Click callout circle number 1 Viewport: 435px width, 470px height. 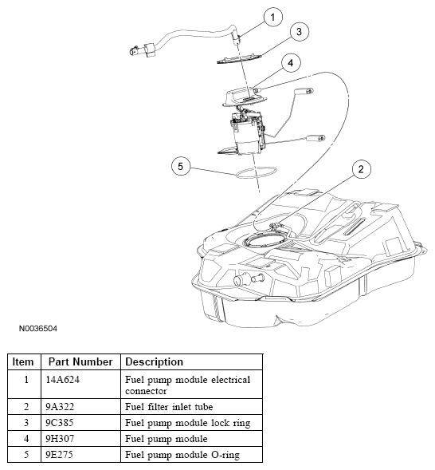pos(272,18)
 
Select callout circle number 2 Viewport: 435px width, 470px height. pos(361,169)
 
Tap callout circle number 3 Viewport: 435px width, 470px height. pos(299,32)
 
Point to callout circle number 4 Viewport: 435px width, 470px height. pos(291,63)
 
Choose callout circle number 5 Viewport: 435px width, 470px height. pos(181,166)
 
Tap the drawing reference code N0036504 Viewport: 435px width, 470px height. pos(38,329)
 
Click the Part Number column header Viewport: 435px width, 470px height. pos(80,361)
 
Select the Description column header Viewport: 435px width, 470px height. pos(154,361)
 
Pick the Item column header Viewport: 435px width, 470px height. pos(23,361)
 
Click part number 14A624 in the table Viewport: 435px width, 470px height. pos(62,380)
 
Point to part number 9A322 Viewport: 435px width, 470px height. pos(60,407)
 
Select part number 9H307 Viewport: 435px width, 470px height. pos(60,439)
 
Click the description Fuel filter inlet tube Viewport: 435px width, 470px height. pos(169,407)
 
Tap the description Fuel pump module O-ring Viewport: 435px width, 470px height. pos(182,455)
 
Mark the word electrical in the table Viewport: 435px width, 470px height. pos(231,380)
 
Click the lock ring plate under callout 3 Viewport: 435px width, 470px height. pos(239,59)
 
